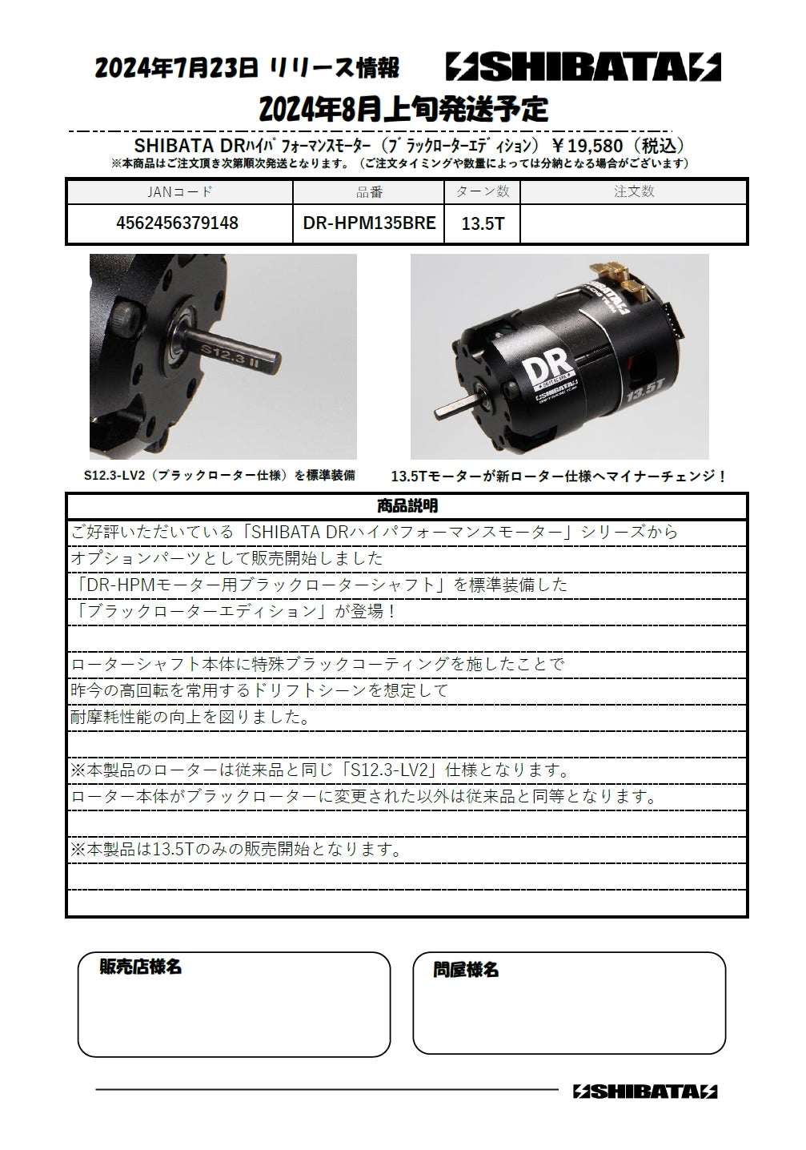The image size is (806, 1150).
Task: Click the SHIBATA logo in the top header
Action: click(583, 68)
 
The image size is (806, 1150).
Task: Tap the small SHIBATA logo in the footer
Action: click(645, 1091)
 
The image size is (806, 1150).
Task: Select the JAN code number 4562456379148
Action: click(178, 223)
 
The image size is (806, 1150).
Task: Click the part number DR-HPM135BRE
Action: click(369, 223)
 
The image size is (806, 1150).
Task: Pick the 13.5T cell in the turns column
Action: click(483, 223)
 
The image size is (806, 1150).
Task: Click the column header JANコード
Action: click(180, 192)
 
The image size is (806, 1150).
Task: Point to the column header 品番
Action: click(369, 192)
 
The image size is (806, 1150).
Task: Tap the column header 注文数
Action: click(634, 192)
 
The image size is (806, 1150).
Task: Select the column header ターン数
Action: click(483, 192)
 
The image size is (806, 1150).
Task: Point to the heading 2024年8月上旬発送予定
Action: click(404, 109)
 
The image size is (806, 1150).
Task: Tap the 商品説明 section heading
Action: click(407, 506)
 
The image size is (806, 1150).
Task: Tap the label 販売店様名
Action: click(140, 967)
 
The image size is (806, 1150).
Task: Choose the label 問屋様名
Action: click(466, 970)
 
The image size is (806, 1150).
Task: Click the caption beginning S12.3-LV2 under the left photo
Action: click(220, 475)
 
